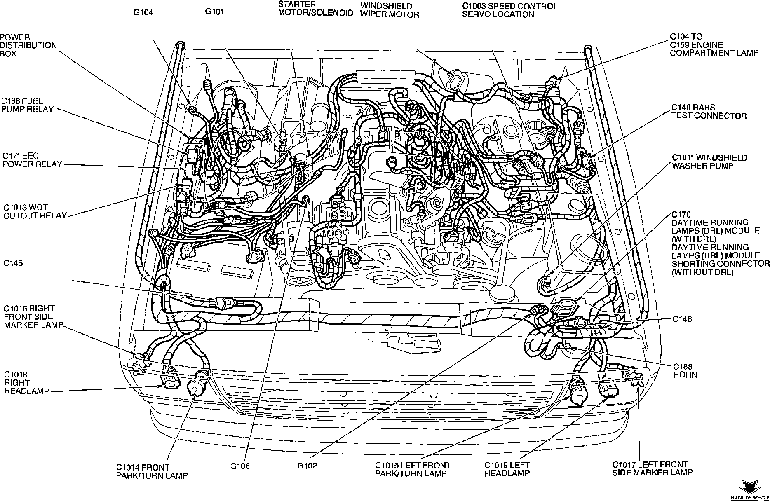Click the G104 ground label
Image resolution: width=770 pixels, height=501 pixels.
coord(143,13)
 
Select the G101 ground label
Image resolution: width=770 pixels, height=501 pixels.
coord(214,12)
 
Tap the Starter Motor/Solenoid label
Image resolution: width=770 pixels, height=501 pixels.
coord(315,9)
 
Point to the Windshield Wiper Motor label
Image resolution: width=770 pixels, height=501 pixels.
coord(390,11)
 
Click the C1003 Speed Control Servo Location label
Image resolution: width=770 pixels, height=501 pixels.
coord(509,11)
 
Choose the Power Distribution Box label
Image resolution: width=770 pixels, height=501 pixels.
coord(28,45)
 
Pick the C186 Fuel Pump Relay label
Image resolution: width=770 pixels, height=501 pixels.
coord(27,105)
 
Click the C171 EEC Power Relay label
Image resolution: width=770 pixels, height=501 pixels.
coord(32,160)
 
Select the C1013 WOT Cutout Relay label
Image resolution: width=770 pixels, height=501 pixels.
coord(35,211)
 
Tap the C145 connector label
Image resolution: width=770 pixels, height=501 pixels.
coord(13,263)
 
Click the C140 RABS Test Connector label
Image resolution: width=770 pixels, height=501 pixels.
coord(709,112)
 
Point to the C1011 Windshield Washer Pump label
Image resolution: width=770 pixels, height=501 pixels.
coord(709,162)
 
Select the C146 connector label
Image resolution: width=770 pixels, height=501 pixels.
coord(682,319)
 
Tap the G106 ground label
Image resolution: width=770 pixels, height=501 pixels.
coord(240,466)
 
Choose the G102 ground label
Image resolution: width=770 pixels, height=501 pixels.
coord(307,466)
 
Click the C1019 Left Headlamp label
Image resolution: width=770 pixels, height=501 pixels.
coord(507,469)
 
